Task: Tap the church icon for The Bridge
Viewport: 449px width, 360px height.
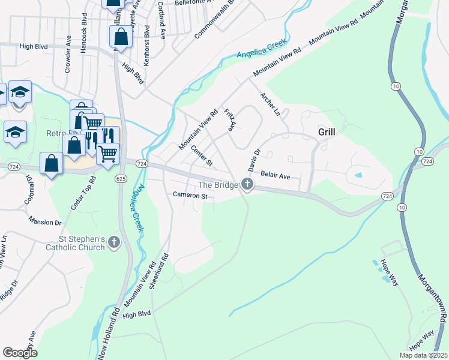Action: point(247,185)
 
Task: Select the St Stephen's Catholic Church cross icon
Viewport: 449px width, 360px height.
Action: point(114,242)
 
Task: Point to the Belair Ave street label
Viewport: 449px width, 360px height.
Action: point(275,176)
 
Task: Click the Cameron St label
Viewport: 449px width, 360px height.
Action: point(190,196)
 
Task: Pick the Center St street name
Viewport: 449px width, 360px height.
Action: point(202,155)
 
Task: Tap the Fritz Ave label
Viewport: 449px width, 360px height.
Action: point(229,120)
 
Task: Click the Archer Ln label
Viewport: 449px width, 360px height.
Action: point(270,104)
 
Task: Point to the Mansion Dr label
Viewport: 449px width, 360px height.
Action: point(46,222)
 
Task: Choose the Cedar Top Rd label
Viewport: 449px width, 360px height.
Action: point(83,193)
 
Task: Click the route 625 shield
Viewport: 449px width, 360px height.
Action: point(121,179)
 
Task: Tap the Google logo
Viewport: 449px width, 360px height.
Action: point(20,353)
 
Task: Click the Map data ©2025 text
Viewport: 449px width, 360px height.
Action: point(423,355)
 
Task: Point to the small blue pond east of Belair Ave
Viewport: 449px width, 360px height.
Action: point(358,175)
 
